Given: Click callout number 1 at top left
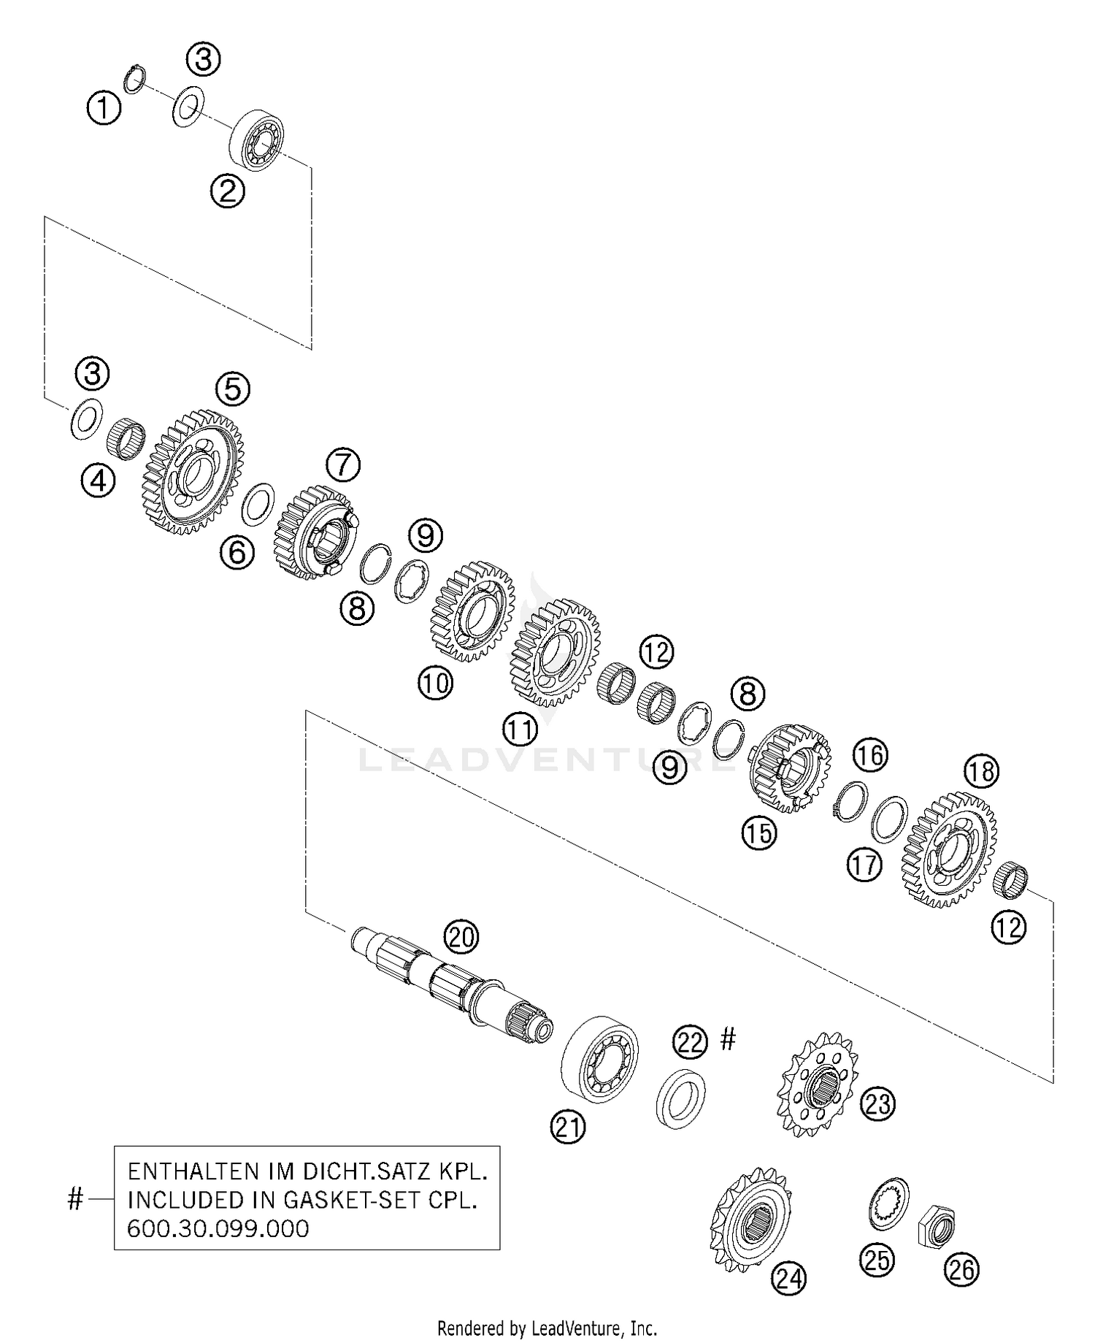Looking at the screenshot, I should click(x=104, y=109).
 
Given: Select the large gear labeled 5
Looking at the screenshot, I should click(x=191, y=472).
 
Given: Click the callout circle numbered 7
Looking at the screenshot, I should click(x=343, y=464).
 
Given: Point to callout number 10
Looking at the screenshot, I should click(x=436, y=684).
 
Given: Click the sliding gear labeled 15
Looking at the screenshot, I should click(x=790, y=767).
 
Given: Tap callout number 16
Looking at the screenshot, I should click(x=870, y=754).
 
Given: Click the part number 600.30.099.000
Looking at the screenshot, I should click(x=218, y=1228).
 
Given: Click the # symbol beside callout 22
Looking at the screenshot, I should click(x=728, y=1038).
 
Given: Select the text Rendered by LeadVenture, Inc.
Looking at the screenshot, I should click(x=547, y=1327).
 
